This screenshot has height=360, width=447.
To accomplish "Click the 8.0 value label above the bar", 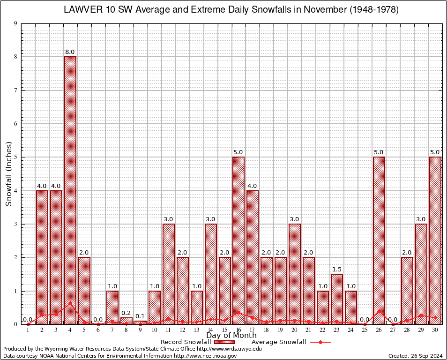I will click(70, 52).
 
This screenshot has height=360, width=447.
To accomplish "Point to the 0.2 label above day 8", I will click(126, 313).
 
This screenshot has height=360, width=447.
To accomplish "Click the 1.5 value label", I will click(337, 270).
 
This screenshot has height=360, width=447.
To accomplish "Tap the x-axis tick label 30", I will click(435, 330).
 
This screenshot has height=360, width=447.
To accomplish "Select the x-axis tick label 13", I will click(196, 330).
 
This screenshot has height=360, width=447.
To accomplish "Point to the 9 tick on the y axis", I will click(15, 23).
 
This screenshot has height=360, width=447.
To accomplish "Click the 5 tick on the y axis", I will click(15, 157).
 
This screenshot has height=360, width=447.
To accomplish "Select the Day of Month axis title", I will click(231, 336).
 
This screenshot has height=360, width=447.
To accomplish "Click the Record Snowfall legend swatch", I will click(225, 342).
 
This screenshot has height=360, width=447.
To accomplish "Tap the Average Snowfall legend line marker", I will click(320, 342).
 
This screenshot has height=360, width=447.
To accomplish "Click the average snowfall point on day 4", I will click(70, 303).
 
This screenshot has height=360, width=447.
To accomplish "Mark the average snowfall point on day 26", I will click(379, 311).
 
